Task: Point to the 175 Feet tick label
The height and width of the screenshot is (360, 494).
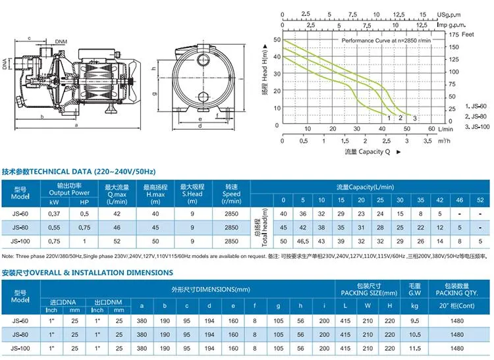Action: pos(454,34)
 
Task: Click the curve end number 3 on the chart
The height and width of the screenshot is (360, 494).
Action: pos(414,118)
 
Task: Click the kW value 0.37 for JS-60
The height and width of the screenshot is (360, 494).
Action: pos(56,214)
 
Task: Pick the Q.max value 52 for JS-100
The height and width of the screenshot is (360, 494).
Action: pos(118,242)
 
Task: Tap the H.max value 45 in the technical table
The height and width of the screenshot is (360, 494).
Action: pos(155,228)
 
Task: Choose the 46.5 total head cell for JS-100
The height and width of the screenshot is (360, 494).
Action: pos(302,242)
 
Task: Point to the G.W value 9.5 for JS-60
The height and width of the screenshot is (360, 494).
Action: pos(414,321)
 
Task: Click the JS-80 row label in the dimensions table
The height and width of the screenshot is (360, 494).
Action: pos(21,334)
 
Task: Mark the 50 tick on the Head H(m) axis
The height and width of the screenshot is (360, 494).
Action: pos(275,40)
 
